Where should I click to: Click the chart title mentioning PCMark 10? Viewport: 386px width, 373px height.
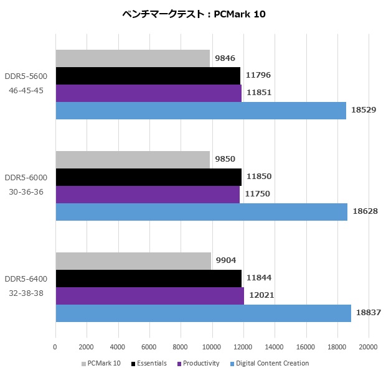click(194, 14)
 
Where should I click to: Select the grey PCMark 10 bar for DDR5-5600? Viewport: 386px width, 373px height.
click(133, 58)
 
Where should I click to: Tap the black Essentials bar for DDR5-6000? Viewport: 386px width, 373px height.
click(148, 177)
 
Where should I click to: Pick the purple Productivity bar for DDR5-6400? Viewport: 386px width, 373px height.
click(149, 295)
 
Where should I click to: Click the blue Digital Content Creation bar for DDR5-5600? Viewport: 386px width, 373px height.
click(200, 111)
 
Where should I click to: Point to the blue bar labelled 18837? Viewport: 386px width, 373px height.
click(203, 313)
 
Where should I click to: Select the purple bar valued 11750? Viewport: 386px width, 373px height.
click(148, 194)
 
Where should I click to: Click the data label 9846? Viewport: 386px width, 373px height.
click(225, 58)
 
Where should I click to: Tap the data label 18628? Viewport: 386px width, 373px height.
click(365, 211)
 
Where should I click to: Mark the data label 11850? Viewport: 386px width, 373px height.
click(259, 177)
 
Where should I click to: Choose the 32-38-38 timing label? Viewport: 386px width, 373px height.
click(26, 292)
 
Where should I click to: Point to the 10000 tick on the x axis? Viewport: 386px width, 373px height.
click(212, 346)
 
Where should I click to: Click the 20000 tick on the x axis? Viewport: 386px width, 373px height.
click(368, 346)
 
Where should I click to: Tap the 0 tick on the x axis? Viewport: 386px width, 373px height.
click(55, 346)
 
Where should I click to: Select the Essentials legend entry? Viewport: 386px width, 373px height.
click(149, 363)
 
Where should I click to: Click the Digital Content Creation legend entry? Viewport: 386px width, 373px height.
click(269, 363)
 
